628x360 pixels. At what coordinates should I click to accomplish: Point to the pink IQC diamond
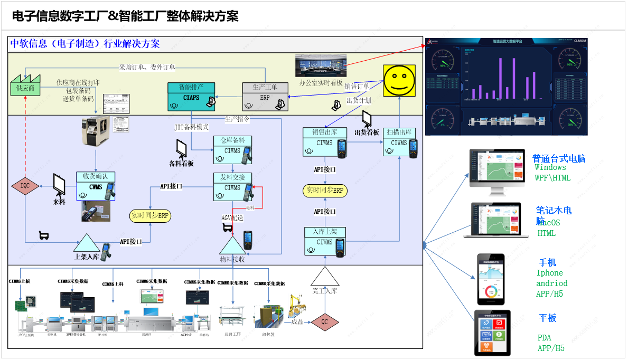coord(25,185)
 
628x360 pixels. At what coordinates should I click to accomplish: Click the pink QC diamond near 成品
coord(325,321)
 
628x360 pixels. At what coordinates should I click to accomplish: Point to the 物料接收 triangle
coord(232,246)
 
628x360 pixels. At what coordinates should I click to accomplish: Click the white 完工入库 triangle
coord(324,278)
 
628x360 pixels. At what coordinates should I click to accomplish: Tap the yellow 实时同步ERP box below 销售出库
coord(324,190)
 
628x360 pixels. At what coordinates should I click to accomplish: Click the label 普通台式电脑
coord(559,158)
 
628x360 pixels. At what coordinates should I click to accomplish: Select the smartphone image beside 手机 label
coord(491,279)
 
